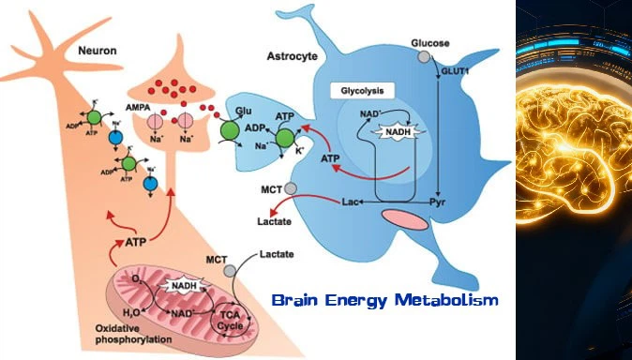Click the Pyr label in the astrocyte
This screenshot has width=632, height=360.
click(437, 202)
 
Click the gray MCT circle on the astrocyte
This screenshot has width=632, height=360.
click(291, 189)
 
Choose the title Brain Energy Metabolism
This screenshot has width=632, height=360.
click(384, 302)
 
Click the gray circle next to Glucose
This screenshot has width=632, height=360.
click(424, 57)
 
